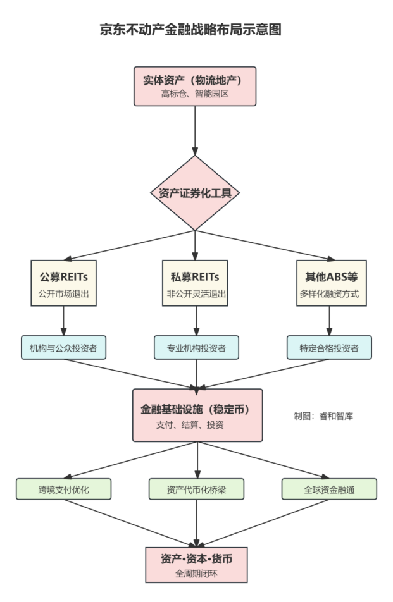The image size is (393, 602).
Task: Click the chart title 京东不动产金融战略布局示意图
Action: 190,30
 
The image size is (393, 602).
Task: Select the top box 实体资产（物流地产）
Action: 195,86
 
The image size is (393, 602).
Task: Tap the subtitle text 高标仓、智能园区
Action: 195,94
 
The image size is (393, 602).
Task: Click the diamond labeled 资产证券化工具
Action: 195,193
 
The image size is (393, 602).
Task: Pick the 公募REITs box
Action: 63,283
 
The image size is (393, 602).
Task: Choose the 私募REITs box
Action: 196,283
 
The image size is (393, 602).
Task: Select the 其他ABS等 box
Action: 328,283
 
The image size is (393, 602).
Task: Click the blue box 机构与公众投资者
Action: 63,347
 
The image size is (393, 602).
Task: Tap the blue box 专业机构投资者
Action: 196,347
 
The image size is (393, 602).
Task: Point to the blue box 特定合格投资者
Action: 328,347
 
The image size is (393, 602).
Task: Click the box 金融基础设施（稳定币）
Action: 196,415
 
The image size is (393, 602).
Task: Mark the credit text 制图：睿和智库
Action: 323,415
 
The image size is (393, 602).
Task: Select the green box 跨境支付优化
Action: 63,489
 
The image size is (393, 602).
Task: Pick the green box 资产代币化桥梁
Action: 196,489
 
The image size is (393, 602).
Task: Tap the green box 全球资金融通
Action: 329,489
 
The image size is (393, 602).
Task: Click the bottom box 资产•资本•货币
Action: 196,565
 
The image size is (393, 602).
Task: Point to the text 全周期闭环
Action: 196,573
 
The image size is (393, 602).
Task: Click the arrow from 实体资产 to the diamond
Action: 195,130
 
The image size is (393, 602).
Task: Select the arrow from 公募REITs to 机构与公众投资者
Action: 63,321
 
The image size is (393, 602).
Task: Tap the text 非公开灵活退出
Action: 196,293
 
